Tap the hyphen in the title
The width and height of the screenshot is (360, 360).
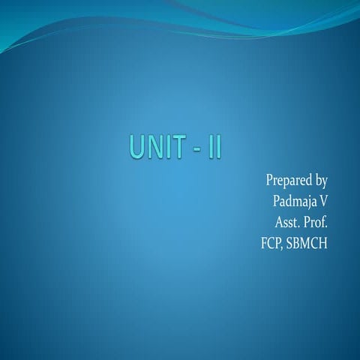[196, 148]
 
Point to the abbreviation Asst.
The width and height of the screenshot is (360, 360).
[287, 222]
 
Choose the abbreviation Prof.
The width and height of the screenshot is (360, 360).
[316, 222]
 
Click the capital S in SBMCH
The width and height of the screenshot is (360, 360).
[289, 243]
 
